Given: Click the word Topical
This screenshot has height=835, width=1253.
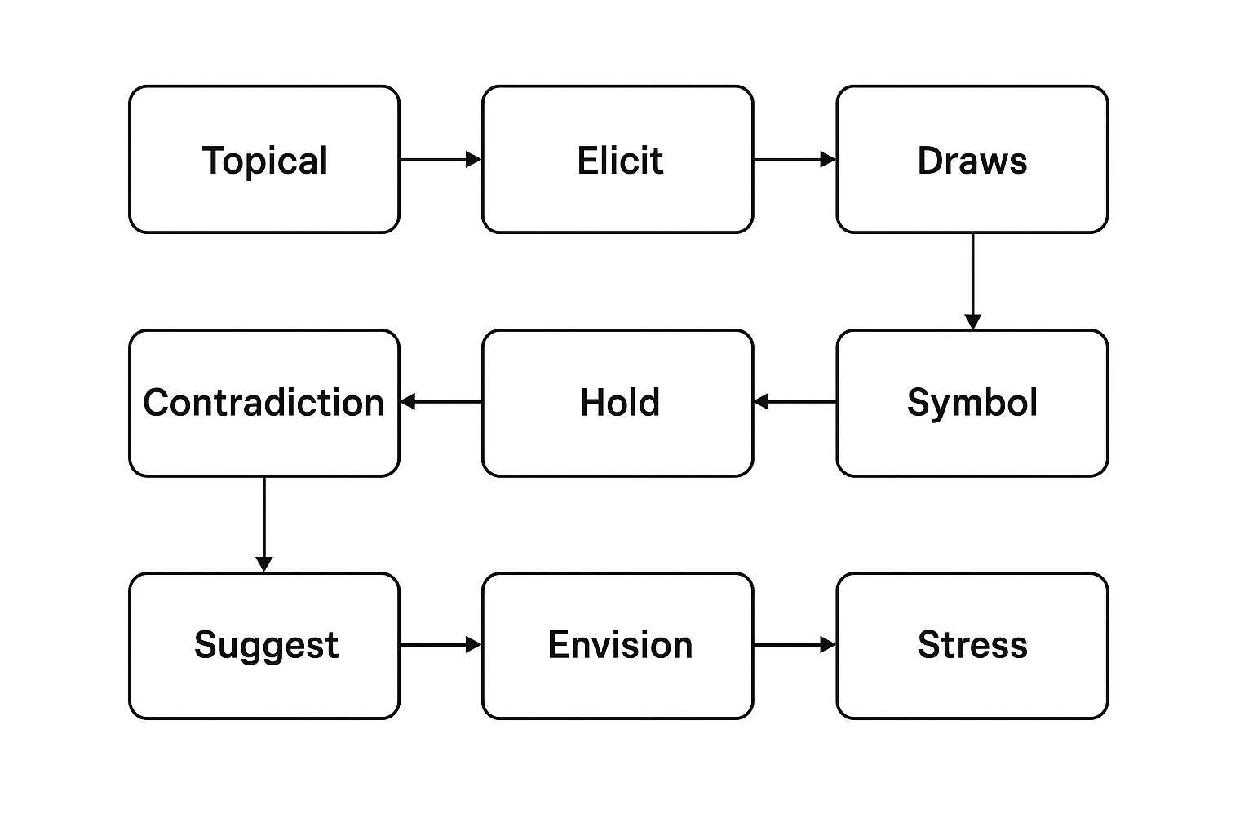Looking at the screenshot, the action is pyautogui.click(x=264, y=161).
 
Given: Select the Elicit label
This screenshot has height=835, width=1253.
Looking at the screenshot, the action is pyautogui.click(x=620, y=161).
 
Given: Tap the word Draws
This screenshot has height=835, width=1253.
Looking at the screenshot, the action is pyautogui.click(x=972, y=161).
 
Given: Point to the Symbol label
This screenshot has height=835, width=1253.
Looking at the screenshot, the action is pyautogui.click(x=972, y=403).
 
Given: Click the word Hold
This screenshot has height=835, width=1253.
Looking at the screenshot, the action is pyautogui.click(x=619, y=402).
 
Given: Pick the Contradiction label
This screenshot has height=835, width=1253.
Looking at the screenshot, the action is pyautogui.click(x=264, y=402).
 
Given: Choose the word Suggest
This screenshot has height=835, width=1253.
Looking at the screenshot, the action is pyautogui.click(x=266, y=645).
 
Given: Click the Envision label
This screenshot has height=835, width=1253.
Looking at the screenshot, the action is pyautogui.click(x=620, y=645).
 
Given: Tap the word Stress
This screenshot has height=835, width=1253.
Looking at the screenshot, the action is pyautogui.click(x=972, y=645).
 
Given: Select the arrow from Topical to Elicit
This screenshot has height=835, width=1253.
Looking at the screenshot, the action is pyautogui.click(x=441, y=159).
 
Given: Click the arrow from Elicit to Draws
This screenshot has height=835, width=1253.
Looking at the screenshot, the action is pyautogui.click(x=795, y=159).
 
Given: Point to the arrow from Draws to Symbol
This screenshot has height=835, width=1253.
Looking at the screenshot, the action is pyautogui.click(x=972, y=281).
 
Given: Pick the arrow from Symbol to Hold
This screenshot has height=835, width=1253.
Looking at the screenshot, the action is pyautogui.click(x=795, y=401).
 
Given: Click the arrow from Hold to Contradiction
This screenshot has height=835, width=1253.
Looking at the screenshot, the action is pyautogui.click(x=441, y=401).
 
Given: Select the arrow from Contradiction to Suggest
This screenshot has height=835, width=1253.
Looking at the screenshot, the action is pyautogui.click(x=264, y=524).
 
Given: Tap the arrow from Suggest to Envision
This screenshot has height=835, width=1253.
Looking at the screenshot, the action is pyautogui.click(x=441, y=645).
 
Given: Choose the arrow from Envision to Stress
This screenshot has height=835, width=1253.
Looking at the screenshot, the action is pyautogui.click(x=795, y=645).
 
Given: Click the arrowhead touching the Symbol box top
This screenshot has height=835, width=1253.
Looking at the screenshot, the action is pyautogui.click(x=972, y=322).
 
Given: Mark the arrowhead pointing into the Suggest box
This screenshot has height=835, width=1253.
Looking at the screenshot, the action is pyautogui.click(x=264, y=564).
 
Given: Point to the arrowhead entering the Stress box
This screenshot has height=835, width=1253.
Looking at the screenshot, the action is pyautogui.click(x=829, y=645).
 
